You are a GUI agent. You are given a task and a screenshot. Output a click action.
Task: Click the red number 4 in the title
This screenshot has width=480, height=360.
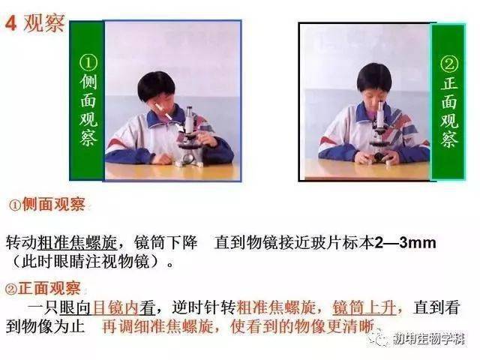click(x=11, y=23)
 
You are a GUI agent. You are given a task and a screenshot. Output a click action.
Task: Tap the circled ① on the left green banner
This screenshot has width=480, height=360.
click(x=88, y=63)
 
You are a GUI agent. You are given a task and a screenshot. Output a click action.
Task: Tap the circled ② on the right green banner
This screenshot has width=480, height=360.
click(x=449, y=64)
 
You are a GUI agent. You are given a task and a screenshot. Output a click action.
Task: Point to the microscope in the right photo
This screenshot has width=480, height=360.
click(x=379, y=135)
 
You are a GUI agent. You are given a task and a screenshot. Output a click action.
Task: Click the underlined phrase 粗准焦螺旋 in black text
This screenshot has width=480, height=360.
click(x=77, y=243)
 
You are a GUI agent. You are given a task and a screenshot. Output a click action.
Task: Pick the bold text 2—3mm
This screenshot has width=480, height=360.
click(x=406, y=243)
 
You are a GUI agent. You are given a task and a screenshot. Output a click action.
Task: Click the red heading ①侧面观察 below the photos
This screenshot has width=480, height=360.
click(x=46, y=204)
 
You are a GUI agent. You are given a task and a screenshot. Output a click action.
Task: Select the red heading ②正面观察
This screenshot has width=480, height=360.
click(x=43, y=288)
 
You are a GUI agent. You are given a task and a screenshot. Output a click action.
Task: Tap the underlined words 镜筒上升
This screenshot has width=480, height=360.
click(x=364, y=307)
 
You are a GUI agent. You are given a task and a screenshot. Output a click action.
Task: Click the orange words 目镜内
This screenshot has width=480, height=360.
click(x=115, y=307)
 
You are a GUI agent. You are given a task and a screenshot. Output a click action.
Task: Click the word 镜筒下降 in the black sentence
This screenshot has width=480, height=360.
click(x=166, y=243)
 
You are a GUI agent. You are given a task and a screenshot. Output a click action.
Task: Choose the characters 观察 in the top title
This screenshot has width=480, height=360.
click(x=43, y=23)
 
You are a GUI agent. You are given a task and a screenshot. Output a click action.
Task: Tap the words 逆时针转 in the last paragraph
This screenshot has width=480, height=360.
click(x=204, y=307)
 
